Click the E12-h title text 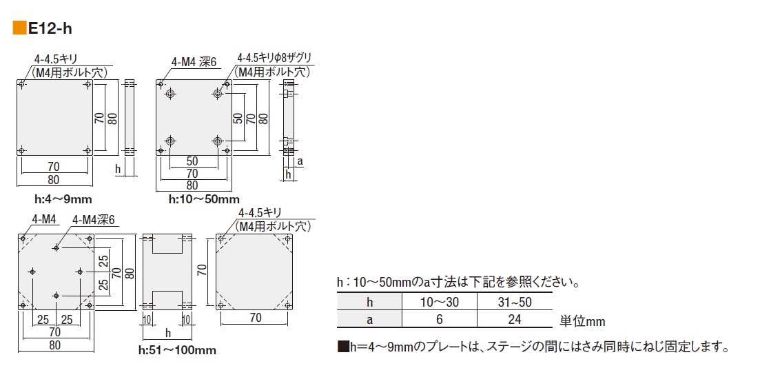50,28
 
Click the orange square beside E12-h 20,28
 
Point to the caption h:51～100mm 177,350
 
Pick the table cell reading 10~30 439,302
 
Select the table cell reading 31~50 514,302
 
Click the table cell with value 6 439,319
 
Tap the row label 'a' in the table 369,319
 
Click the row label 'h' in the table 369,302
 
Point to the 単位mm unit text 582,321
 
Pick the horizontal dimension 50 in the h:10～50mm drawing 194,161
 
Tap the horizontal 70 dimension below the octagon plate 255,318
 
